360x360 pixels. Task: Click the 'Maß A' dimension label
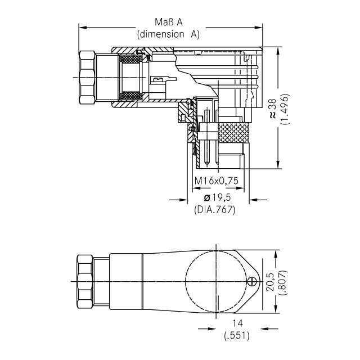[169, 22]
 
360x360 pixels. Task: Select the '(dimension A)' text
[169, 34]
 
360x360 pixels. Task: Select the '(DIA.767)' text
[214, 209]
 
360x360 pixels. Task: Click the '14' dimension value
[235, 323]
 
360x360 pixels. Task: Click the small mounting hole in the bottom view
[252, 281]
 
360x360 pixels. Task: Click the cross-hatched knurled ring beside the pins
[233, 133]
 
